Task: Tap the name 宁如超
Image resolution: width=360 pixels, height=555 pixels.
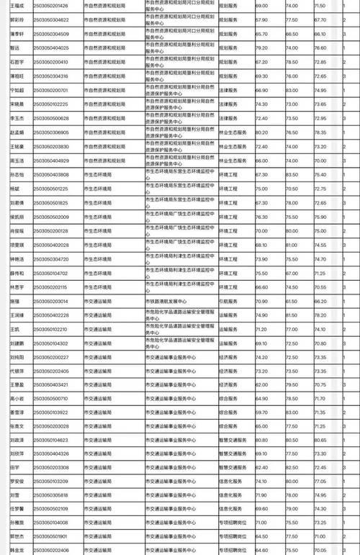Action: click(x=18, y=90)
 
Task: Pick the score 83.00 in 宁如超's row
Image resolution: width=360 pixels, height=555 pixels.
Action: click(x=291, y=90)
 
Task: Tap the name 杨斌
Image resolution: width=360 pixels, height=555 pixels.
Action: click(x=14, y=189)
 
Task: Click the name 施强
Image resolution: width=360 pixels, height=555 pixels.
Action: click(x=14, y=300)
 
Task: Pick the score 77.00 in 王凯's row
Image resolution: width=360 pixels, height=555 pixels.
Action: click(x=291, y=328)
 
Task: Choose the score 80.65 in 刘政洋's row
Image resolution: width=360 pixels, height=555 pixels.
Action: click(x=320, y=440)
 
